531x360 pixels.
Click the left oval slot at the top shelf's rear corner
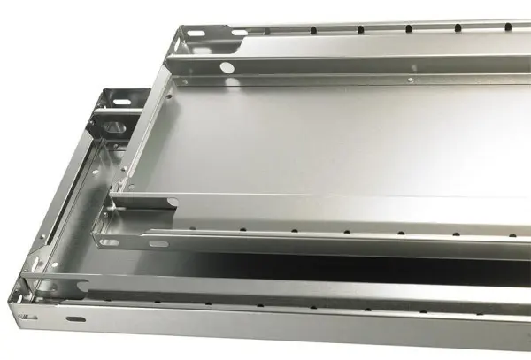pos(194,36)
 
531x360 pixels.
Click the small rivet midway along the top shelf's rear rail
pos(412,80)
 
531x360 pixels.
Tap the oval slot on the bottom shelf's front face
pos(77,318)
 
